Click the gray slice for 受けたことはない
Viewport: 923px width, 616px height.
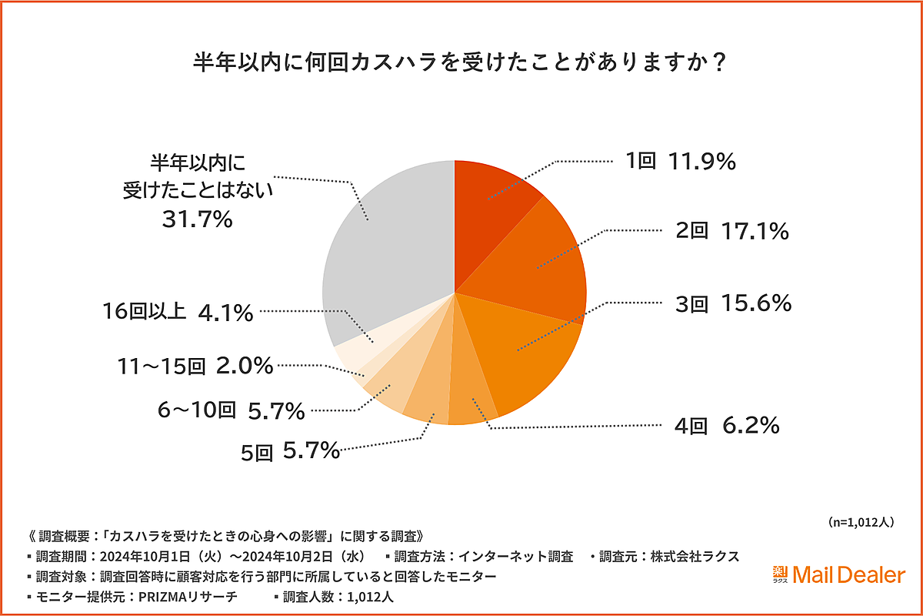click(385, 246)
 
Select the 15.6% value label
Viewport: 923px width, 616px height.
click(757, 304)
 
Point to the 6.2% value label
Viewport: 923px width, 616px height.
click(750, 424)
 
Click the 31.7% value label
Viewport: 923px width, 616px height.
click(197, 220)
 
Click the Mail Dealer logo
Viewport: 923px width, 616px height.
click(838, 574)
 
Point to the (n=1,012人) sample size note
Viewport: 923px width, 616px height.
click(861, 522)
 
